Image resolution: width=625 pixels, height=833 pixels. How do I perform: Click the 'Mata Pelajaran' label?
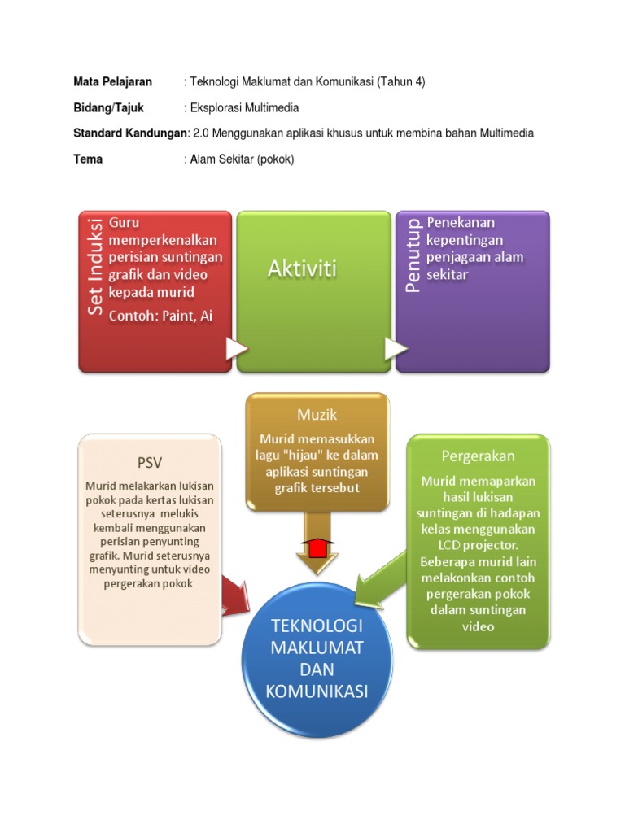tap(112, 82)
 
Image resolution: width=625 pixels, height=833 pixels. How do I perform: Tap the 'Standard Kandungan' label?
tap(129, 133)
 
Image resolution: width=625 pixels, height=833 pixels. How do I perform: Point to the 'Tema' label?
tap(88, 159)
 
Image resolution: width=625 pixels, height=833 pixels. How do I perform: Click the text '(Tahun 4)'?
tap(400, 82)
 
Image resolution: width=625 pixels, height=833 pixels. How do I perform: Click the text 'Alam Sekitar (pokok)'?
tap(242, 159)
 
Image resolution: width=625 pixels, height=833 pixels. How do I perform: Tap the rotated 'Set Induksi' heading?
tap(95, 267)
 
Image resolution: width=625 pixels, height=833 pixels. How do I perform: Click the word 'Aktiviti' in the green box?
tap(303, 268)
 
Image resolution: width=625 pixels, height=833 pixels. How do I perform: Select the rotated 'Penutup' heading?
tap(413, 255)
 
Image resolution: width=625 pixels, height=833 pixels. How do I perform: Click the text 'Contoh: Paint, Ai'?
tap(160, 316)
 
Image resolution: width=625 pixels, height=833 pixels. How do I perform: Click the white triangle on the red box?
tap(237, 349)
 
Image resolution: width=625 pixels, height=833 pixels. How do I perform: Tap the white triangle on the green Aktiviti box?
tap(396, 349)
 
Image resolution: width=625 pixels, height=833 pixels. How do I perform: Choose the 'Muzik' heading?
tap(317, 415)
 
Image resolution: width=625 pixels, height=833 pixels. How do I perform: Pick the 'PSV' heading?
tap(150, 463)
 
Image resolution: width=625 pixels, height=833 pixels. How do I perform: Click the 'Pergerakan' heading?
tap(478, 456)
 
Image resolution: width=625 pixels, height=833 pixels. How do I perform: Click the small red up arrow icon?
tap(317, 548)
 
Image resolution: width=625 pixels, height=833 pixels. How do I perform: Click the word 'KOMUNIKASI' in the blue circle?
tap(317, 691)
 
